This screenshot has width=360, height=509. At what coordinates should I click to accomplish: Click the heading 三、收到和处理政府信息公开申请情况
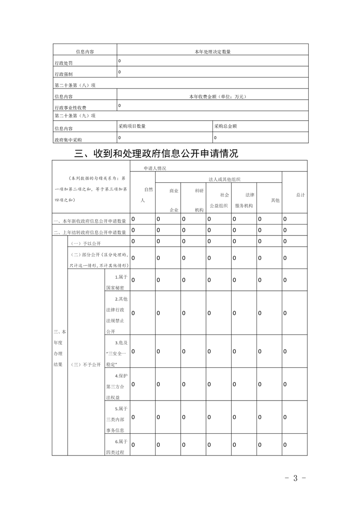tap(156, 154)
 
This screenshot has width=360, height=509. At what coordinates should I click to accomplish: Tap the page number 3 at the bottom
tap(295, 478)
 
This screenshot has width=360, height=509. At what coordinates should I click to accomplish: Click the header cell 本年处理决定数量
tap(212, 52)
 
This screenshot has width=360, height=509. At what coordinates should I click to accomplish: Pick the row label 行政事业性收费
tap(70, 108)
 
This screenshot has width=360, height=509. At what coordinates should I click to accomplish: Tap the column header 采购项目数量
tap(132, 127)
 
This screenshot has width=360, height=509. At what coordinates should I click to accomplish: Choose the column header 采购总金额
tap(225, 127)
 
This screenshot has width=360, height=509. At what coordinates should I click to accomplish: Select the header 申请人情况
tap(155, 168)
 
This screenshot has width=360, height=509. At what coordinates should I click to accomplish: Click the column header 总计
tap(300, 195)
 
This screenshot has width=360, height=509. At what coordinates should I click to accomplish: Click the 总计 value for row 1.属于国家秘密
tap(285, 280)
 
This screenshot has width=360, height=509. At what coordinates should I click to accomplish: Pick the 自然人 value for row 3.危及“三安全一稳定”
tap(133, 352)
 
